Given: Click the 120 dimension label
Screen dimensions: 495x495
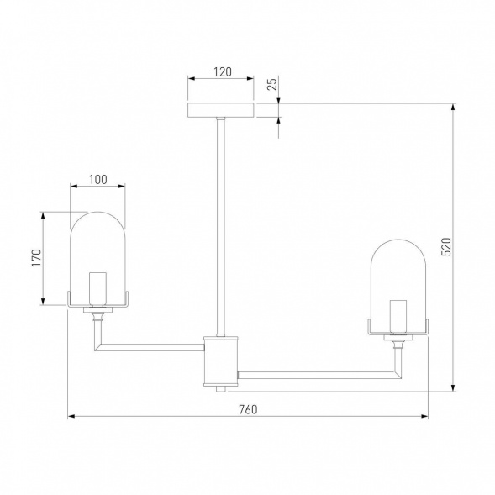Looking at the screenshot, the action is click(x=223, y=72).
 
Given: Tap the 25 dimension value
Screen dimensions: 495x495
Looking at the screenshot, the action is click(x=271, y=84).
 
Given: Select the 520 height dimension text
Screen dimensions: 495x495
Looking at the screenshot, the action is click(x=446, y=246).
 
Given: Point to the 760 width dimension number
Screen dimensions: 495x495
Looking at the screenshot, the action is click(x=248, y=409).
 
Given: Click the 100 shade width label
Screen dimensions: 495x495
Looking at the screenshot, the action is click(x=97, y=180).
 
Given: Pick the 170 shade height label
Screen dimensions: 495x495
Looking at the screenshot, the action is click(x=36, y=258).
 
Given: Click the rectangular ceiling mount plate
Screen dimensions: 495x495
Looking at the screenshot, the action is click(x=221, y=110).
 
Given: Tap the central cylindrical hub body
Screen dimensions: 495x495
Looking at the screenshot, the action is click(x=221, y=361).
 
